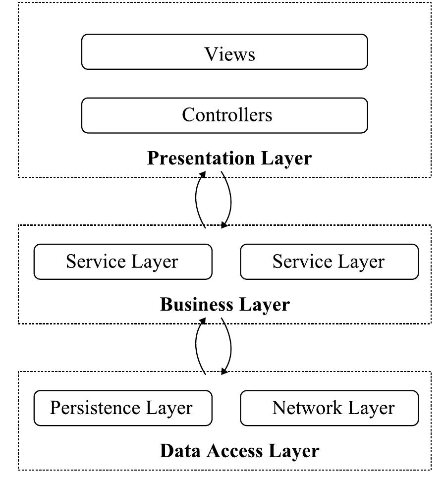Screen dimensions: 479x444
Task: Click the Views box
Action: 224,52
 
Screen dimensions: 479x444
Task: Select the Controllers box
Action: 224,115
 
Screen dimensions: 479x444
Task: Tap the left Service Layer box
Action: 122,261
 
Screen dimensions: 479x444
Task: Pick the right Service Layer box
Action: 329,261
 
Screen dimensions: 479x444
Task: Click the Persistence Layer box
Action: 122,408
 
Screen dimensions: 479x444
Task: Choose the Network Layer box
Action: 329,408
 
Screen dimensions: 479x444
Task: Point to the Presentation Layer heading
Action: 229,159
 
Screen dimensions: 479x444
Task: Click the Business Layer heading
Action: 224,304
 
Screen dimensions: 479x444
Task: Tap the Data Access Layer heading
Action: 239,451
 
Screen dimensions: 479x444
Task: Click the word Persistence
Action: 96,408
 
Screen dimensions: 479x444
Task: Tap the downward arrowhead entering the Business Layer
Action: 224,225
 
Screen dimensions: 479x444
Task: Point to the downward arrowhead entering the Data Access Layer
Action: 224,372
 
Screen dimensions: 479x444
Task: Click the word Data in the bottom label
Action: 181,451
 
